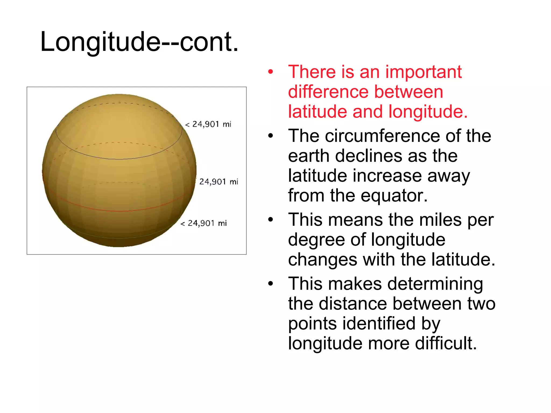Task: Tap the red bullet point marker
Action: (270, 72)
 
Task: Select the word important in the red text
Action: (423, 72)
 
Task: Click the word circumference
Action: (382, 136)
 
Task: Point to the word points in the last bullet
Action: (312, 324)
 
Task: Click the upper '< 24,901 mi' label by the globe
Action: (208, 124)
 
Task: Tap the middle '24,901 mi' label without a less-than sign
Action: (218, 182)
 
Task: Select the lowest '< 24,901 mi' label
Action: (204, 223)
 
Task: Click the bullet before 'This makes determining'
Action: (270, 284)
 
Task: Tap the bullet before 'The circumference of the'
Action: (270, 136)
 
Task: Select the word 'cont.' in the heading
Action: (209, 42)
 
